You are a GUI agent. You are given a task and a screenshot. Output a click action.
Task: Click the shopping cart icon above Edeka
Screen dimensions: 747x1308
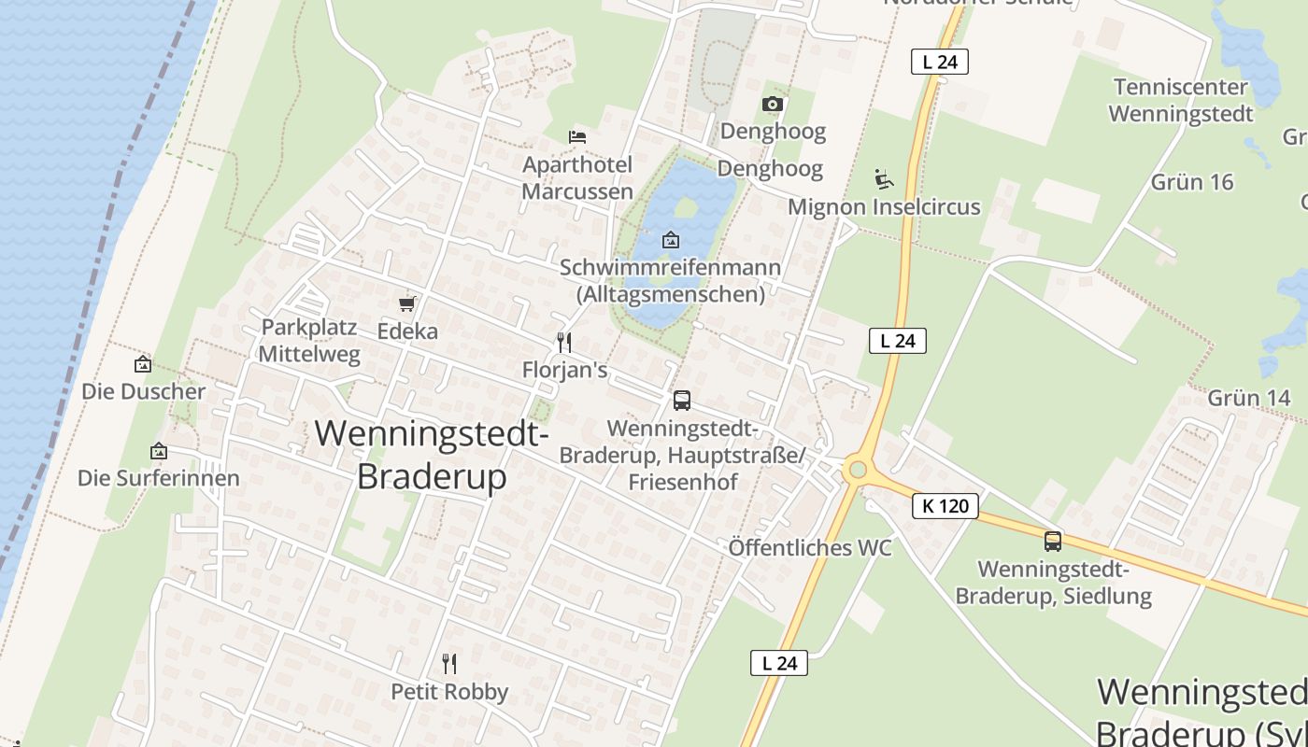coord(406,303)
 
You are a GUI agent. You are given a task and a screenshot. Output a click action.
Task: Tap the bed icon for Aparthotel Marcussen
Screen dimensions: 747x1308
coord(577,136)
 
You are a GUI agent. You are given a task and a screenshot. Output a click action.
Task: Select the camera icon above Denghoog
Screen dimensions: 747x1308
coord(772,104)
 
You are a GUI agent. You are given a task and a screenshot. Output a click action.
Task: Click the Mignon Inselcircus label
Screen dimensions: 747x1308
coord(884,206)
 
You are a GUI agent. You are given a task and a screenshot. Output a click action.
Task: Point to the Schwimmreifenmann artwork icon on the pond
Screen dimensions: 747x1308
coord(670,240)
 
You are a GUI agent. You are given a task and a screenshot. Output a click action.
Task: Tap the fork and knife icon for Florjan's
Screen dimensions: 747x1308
coord(564,342)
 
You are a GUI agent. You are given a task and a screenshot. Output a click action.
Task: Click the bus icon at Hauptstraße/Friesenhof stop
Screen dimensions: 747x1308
coord(682,401)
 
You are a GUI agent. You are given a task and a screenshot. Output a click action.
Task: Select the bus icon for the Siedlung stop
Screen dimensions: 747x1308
coord(1053,541)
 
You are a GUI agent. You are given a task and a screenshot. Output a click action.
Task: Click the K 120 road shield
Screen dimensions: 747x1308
coord(945,506)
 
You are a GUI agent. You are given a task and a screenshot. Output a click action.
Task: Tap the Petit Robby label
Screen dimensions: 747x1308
coord(449,692)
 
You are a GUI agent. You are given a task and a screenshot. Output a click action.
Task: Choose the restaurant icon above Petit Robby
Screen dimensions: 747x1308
coord(449,664)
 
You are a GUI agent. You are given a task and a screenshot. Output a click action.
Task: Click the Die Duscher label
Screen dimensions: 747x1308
coord(143,391)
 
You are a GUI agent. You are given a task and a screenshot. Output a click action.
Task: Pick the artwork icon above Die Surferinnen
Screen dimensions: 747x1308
coord(159,451)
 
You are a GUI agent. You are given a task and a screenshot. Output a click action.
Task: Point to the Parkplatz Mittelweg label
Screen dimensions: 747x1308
coord(309,341)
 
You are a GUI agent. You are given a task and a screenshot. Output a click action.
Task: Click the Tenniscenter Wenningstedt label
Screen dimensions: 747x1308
coord(1180,101)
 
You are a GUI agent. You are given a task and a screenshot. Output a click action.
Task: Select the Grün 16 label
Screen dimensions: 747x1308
coord(1191,182)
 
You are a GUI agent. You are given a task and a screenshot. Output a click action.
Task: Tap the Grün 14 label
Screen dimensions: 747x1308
coord(1248,399)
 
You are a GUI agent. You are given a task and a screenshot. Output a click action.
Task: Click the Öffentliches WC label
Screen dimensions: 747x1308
coord(810,548)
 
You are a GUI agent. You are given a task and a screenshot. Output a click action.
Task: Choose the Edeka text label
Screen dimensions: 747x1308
coord(407,331)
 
